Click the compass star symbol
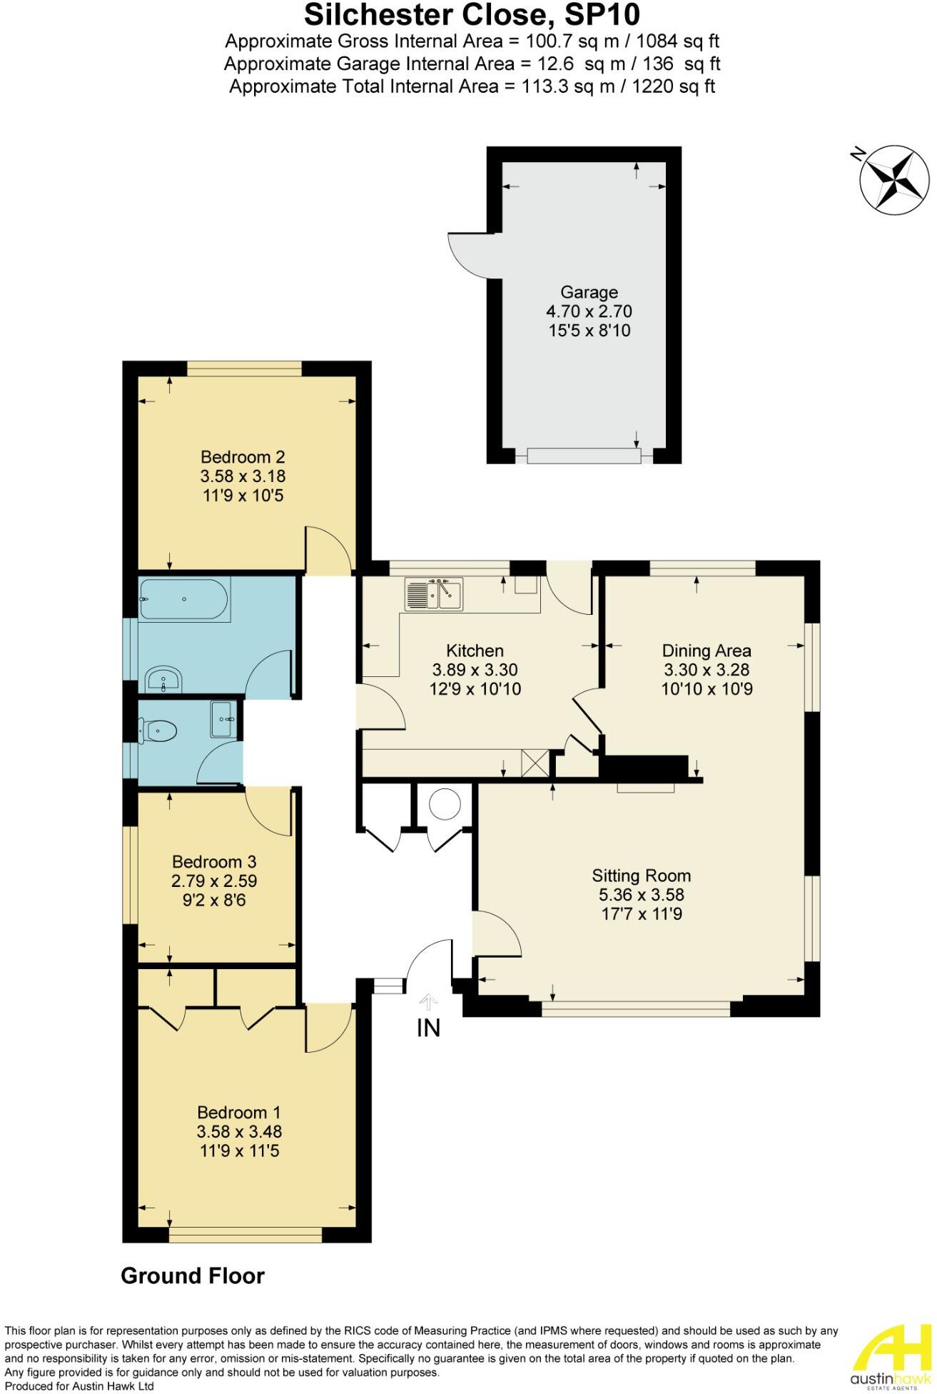[895, 180]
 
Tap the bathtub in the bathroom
[184, 598]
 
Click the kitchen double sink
[433, 595]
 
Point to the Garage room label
[589, 292]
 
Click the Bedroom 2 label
[243, 456]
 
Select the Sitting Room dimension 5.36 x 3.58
[642, 895]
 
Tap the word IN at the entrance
[428, 1028]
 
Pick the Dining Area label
[706, 651]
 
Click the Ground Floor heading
[193, 1276]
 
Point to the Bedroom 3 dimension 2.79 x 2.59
[214, 881]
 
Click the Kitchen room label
[475, 651]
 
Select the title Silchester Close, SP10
[472, 14]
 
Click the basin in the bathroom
[164, 680]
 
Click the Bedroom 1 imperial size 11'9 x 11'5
[239, 1151]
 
